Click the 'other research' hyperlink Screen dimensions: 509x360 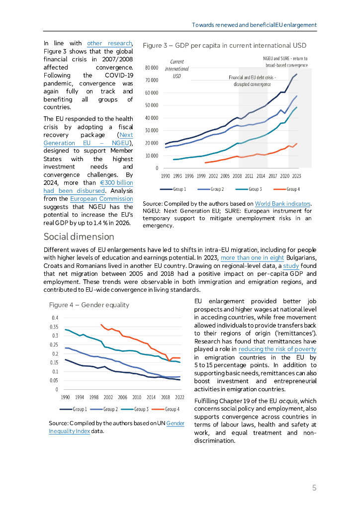[x=109, y=43]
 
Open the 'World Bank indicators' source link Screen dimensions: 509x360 [x=282, y=204]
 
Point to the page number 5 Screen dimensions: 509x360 [x=314, y=488]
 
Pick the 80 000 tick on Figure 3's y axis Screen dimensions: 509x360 [x=151, y=67]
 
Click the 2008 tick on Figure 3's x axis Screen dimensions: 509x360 [x=237, y=176]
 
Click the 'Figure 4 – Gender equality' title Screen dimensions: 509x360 [x=89, y=305]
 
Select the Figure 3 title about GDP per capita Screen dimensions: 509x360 [x=224, y=46]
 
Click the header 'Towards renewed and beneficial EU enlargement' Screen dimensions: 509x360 [x=255, y=25]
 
